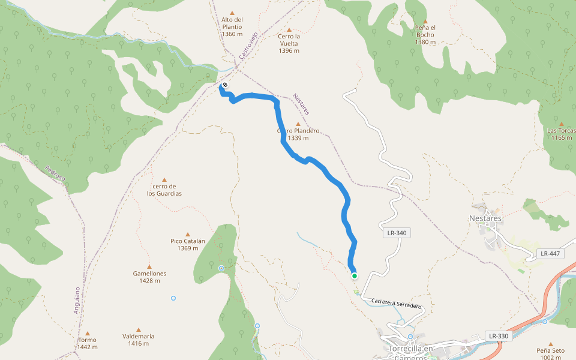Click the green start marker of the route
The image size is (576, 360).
pyautogui.click(x=355, y=276)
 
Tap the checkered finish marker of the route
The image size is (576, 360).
pyautogui.click(x=224, y=85)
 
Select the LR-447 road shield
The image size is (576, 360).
pyautogui.click(x=550, y=254)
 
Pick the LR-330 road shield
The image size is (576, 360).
pyautogui.click(x=499, y=336)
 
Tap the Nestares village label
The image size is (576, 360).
pyautogui.click(x=485, y=218)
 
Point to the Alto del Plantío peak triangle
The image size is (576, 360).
pyautogui.click(x=232, y=11)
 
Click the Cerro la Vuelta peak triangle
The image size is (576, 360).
pyautogui.click(x=289, y=29)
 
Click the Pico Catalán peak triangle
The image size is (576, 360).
pyautogui.click(x=188, y=234)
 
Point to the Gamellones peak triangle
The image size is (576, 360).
pyautogui.click(x=149, y=266)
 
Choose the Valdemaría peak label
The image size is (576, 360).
pyautogui.click(x=139, y=340)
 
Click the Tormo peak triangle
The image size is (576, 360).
pyautogui.click(x=87, y=333)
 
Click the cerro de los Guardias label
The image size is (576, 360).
pyautogui.click(x=164, y=190)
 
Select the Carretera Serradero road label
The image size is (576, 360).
pyautogui.click(x=397, y=304)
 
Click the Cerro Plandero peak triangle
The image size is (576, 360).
pyautogui.click(x=298, y=124)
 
